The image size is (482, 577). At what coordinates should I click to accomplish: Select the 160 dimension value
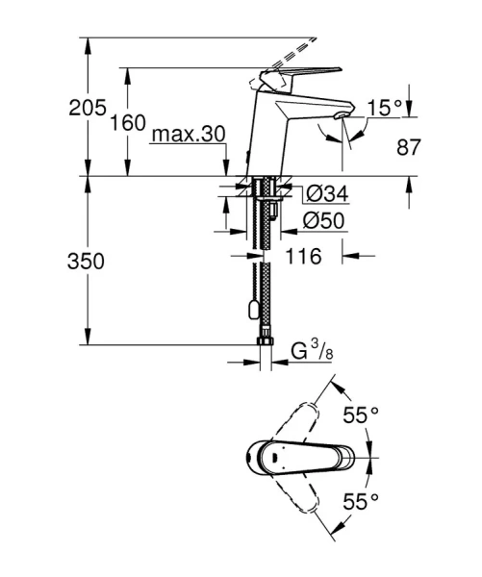pyautogui.click(x=128, y=123)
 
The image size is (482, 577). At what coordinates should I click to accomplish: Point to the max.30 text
pyautogui.click(x=188, y=136)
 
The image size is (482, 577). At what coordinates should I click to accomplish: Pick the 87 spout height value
pyautogui.click(x=409, y=148)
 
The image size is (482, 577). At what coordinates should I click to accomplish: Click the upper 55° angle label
pyautogui.click(x=362, y=415)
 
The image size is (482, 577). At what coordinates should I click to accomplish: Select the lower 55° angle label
pyautogui.click(x=362, y=500)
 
